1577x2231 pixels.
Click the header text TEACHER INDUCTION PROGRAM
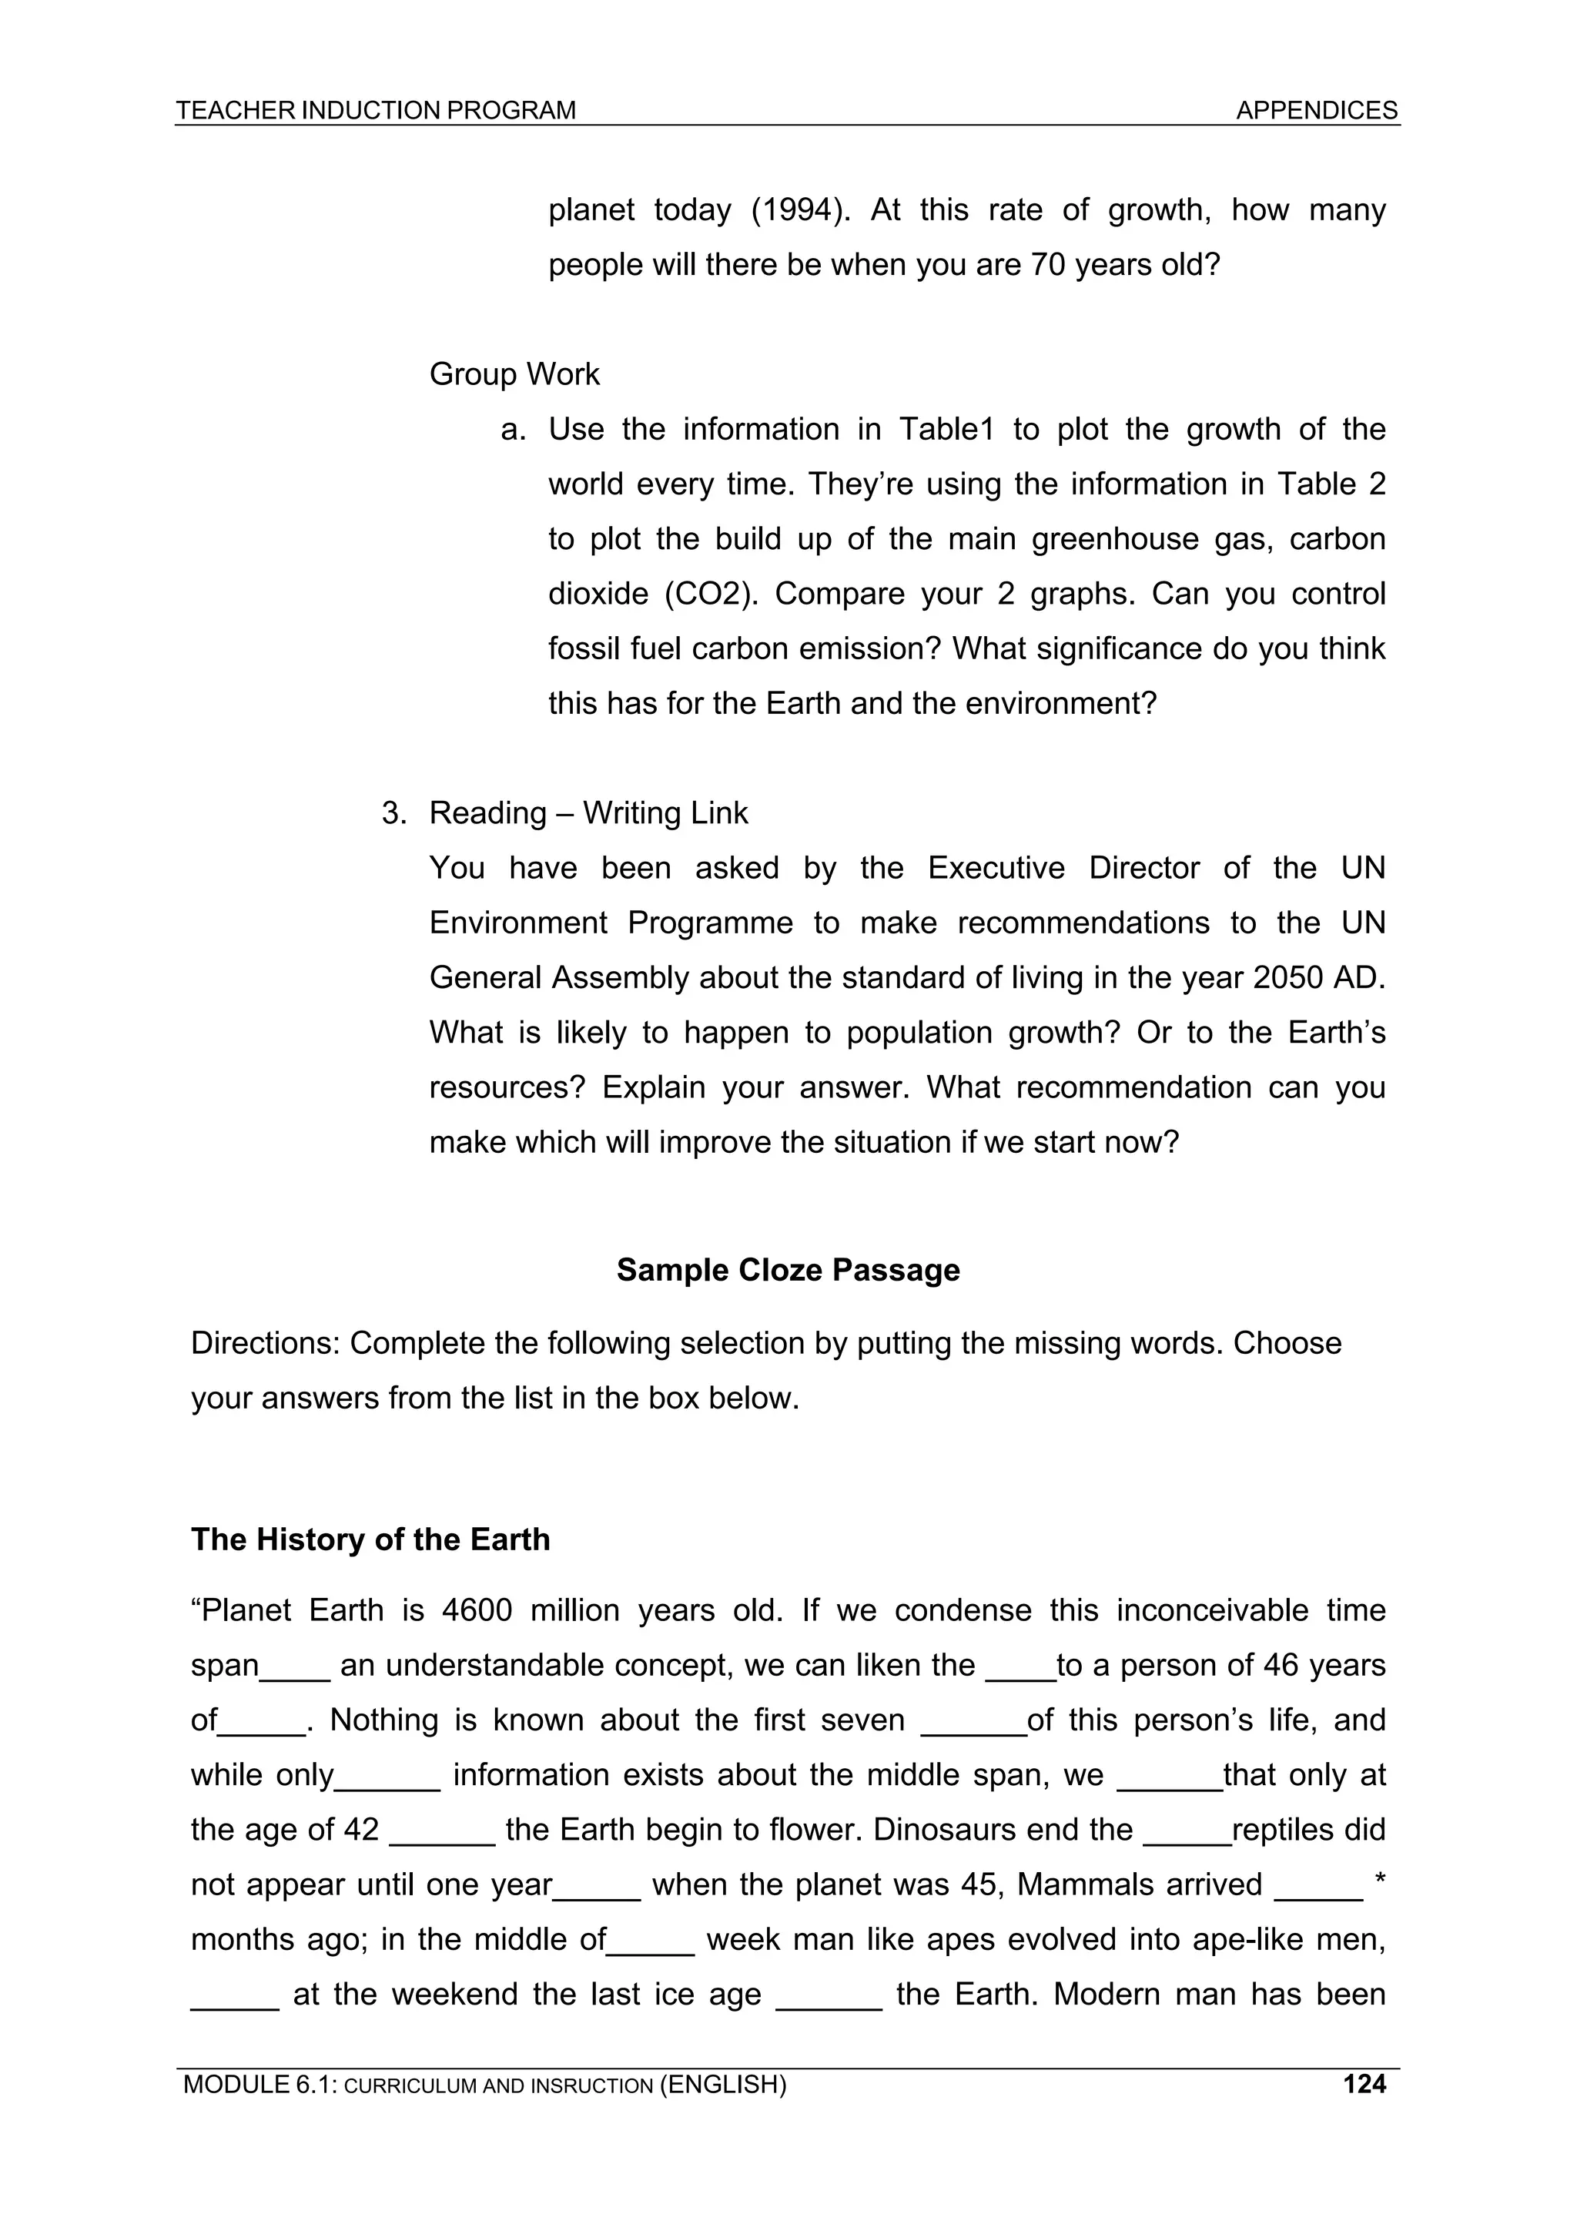click(376, 111)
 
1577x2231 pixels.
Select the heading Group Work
click(514, 374)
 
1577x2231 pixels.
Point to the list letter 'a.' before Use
click(513, 430)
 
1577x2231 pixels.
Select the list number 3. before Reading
click(393, 813)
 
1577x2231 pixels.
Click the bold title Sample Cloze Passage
click(788, 1270)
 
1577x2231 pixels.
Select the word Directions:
click(265, 1343)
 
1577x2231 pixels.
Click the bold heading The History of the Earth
click(370, 1539)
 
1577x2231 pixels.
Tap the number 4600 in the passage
click(476, 1610)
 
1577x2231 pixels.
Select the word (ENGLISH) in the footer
click(723, 2112)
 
